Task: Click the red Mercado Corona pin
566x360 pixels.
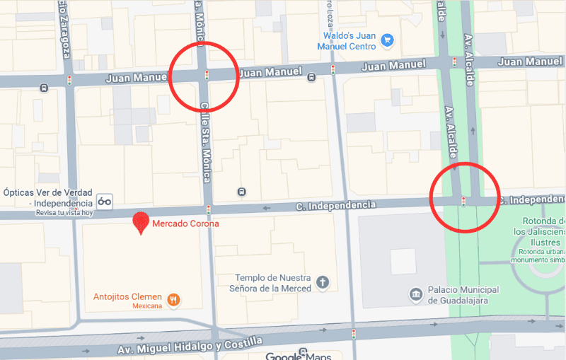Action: (x=141, y=222)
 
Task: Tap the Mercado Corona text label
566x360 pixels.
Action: (x=186, y=223)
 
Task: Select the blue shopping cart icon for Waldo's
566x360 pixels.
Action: (x=386, y=40)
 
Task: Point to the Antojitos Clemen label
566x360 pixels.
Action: (x=128, y=296)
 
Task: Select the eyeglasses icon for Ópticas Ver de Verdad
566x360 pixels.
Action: (x=105, y=201)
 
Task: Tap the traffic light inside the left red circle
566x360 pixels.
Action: (x=207, y=74)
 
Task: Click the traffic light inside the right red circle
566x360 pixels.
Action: (x=463, y=202)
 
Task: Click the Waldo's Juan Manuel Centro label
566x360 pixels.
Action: (x=348, y=40)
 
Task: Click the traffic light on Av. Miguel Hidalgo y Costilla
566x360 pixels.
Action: (x=354, y=333)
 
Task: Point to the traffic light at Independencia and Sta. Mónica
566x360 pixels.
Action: (x=209, y=209)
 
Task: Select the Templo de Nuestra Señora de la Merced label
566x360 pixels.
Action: (x=272, y=283)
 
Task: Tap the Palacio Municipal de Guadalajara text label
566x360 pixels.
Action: (x=463, y=294)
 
